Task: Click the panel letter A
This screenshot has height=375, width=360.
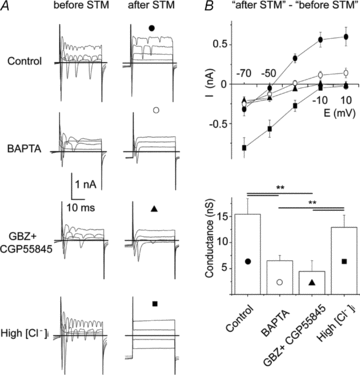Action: (x=8, y=8)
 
